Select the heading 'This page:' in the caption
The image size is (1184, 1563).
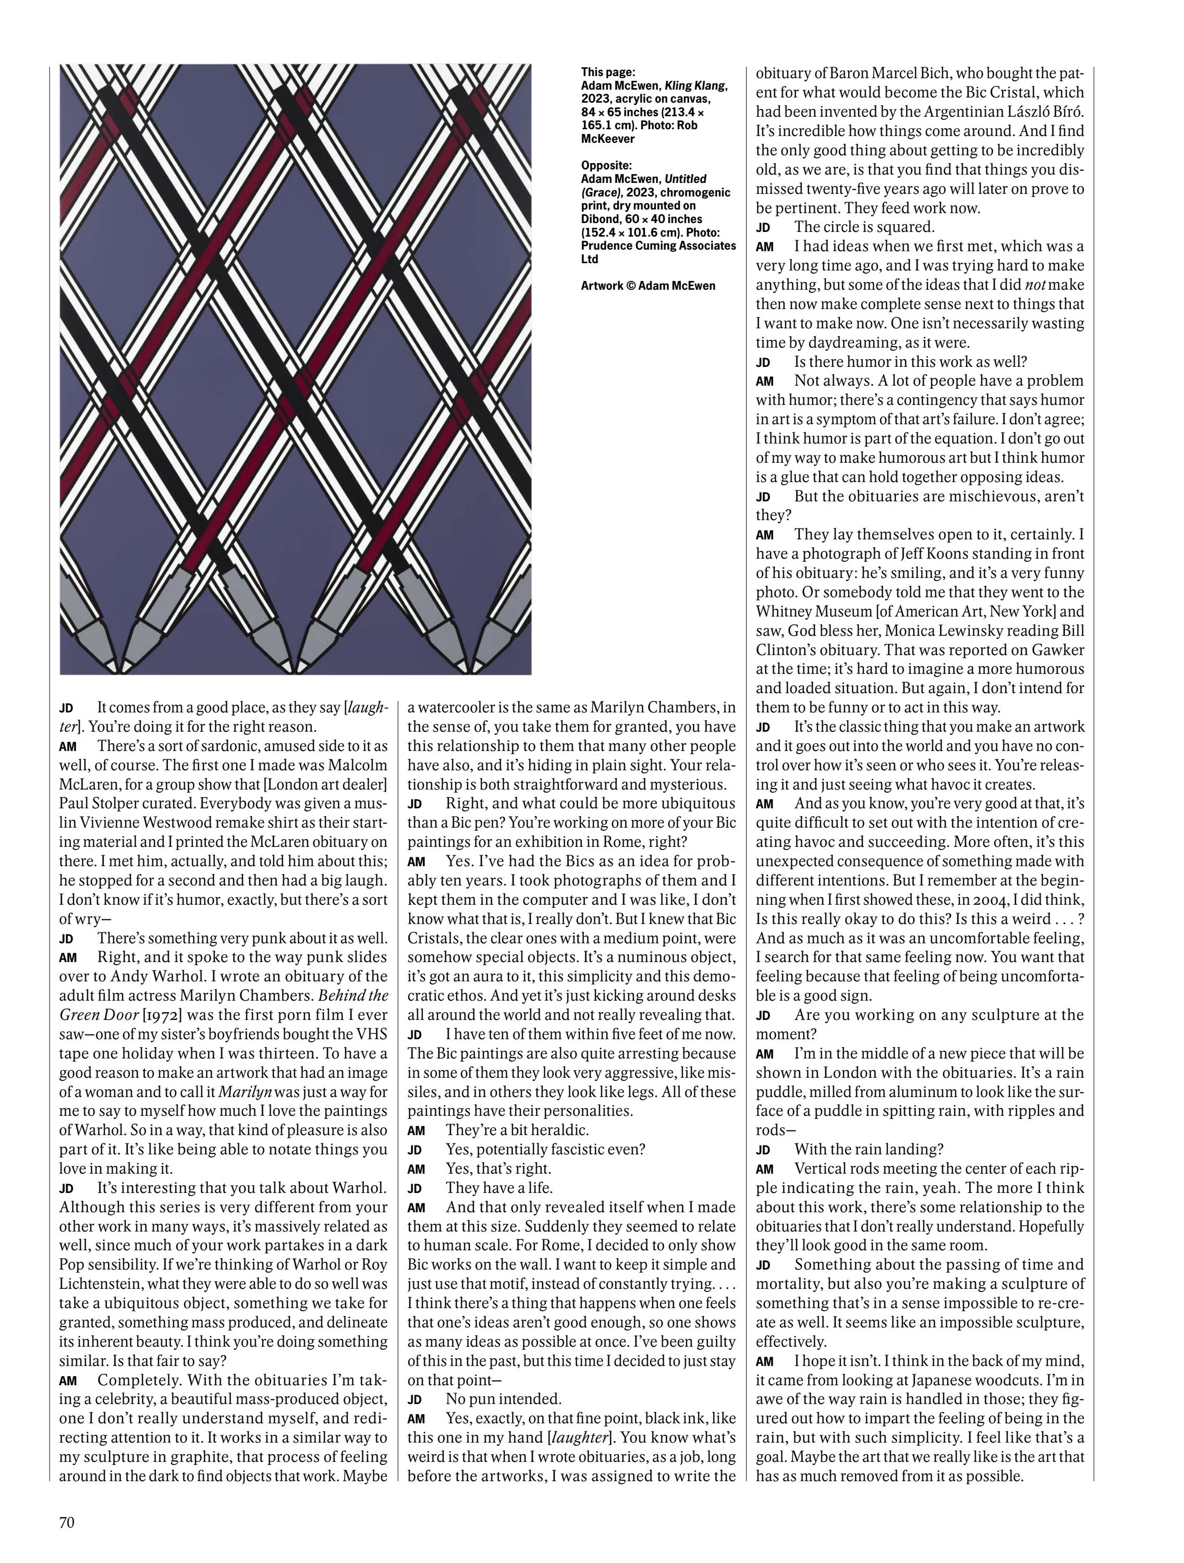point(608,72)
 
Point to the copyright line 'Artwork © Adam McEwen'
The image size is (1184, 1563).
point(648,286)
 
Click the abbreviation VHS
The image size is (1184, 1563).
point(369,1035)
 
